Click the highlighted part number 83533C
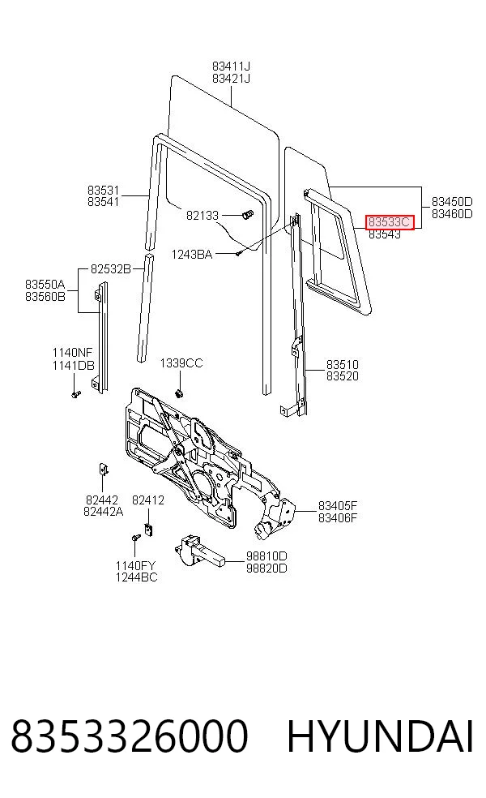[390, 222]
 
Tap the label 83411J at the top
[231, 66]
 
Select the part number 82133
[202, 215]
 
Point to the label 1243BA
[192, 255]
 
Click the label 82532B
[111, 268]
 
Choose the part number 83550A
[45, 284]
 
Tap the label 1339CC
[181, 363]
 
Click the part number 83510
[342, 364]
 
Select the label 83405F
[338, 506]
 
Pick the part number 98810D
[266, 556]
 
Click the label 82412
[148, 500]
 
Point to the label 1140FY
[136, 565]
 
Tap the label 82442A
[103, 512]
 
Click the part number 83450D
[452, 202]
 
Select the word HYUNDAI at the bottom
[380, 736]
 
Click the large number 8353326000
[129, 736]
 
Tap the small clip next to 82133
[248, 215]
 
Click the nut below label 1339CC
[179, 393]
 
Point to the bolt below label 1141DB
[76, 394]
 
